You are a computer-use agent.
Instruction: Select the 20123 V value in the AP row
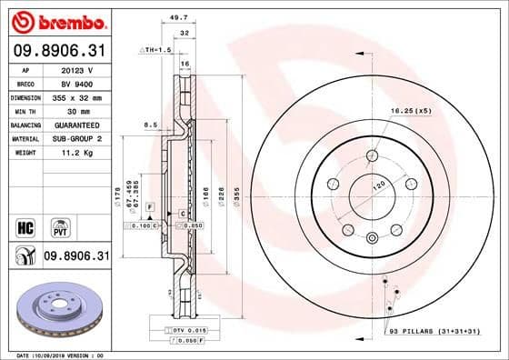[x=74, y=68]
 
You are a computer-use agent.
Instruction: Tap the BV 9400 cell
[x=74, y=82]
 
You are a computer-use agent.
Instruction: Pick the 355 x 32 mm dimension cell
[x=74, y=96]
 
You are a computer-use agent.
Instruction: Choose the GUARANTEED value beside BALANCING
[x=74, y=125]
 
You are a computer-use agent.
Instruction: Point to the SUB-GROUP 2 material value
[x=74, y=138]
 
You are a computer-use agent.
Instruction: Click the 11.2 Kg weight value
[x=74, y=153]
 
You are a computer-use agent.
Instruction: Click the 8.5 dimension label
[x=151, y=124]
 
